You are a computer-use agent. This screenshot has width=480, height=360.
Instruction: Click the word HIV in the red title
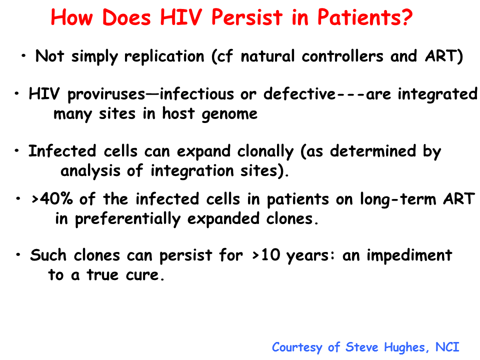(x=181, y=17)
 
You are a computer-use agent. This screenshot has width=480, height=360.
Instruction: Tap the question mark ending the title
(x=406, y=17)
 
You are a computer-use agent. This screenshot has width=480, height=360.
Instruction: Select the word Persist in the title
(x=246, y=17)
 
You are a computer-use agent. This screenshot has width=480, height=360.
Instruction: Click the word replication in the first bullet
(x=164, y=56)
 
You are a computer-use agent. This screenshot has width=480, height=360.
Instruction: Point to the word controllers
(x=342, y=56)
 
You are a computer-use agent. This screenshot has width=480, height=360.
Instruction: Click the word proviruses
(x=106, y=94)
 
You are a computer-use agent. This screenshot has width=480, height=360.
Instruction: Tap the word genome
(x=229, y=114)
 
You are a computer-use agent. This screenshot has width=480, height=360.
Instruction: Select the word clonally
(x=265, y=152)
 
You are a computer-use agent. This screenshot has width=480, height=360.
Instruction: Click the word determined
(x=373, y=151)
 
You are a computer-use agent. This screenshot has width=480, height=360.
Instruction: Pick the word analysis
(x=90, y=171)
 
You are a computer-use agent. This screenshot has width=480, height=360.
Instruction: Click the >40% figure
(x=52, y=199)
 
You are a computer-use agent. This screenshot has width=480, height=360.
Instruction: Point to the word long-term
(x=397, y=199)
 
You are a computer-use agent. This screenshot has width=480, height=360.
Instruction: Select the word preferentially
(x=128, y=219)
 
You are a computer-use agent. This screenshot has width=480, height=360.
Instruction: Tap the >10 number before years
(x=266, y=254)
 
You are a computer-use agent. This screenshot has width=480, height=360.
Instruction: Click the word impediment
(x=409, y=255)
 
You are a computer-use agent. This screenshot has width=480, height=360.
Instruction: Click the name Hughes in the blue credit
(x=404, y=347)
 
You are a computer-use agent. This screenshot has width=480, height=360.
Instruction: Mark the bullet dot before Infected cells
(x=17, y=150)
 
